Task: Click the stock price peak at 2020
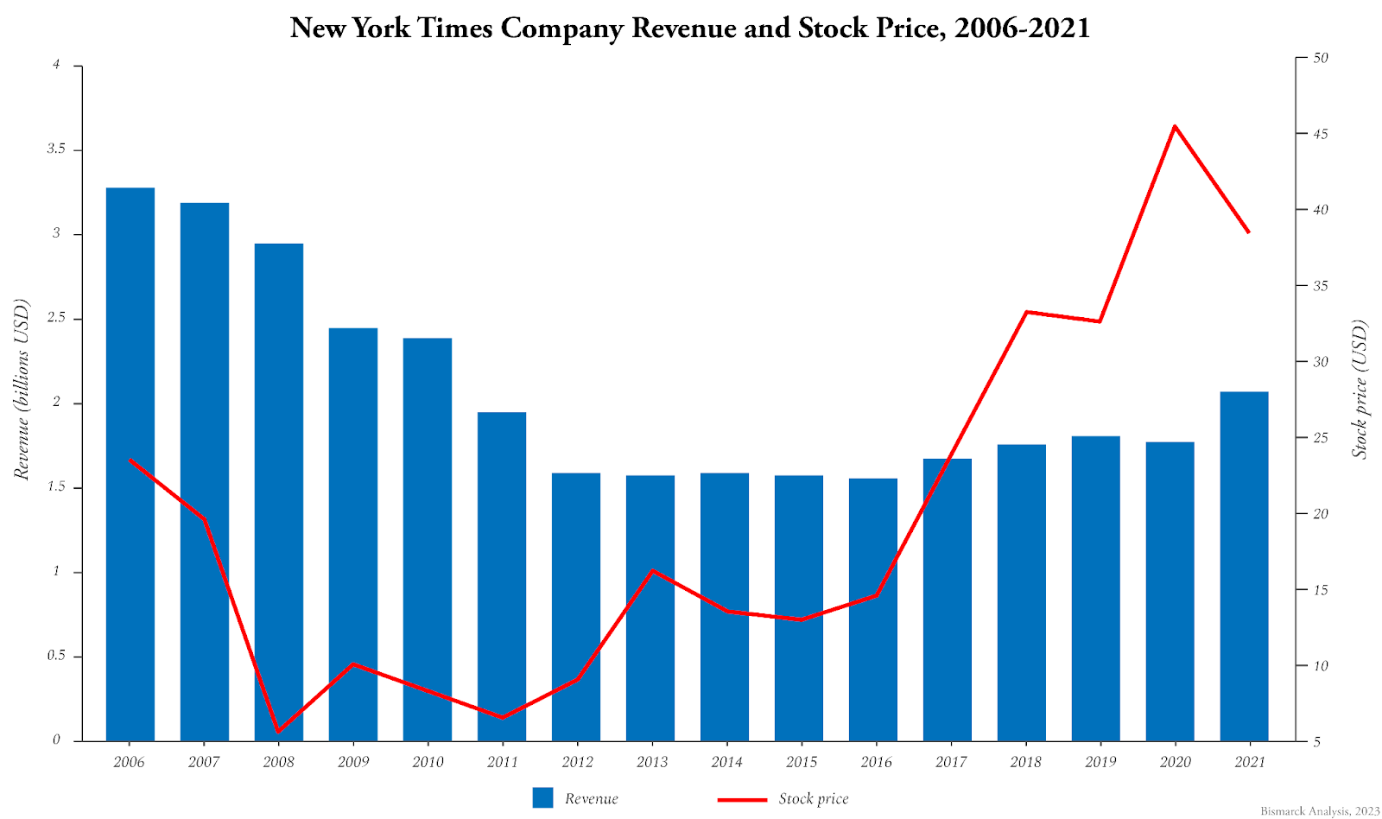(1175, 126)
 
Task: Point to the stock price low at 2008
(278, 732)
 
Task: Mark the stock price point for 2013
(652, 570)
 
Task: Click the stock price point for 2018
(1025, 312)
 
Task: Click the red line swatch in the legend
(742, 799)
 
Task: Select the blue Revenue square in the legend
(542, 798)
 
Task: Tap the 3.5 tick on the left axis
(56, 149)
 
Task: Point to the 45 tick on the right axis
(1320, 135)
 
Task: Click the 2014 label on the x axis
(726, 762)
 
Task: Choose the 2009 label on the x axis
(352, 762)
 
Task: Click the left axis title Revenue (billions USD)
(22, 389)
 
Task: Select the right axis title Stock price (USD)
(1360, 389)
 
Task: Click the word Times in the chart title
(455, 29)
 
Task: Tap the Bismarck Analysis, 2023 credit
(1320, 811)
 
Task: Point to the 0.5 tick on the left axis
(56, 656)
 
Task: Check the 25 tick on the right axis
(1320, 438)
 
